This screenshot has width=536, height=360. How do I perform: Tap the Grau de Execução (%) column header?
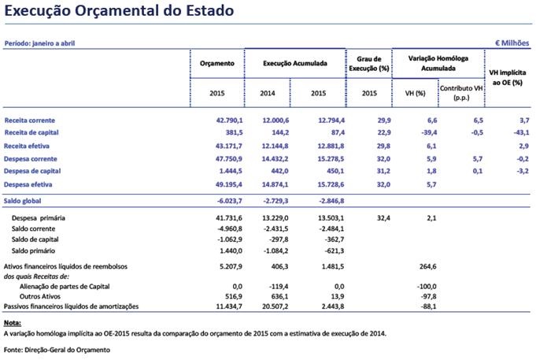tap(369, 63)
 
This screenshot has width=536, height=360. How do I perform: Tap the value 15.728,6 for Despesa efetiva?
tap(322, 184)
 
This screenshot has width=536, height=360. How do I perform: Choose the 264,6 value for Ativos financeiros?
tap(416, 266)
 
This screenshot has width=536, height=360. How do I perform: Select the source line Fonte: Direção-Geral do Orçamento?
tap(57, 349)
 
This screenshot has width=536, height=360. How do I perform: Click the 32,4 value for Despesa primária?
tap(369, 215)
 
